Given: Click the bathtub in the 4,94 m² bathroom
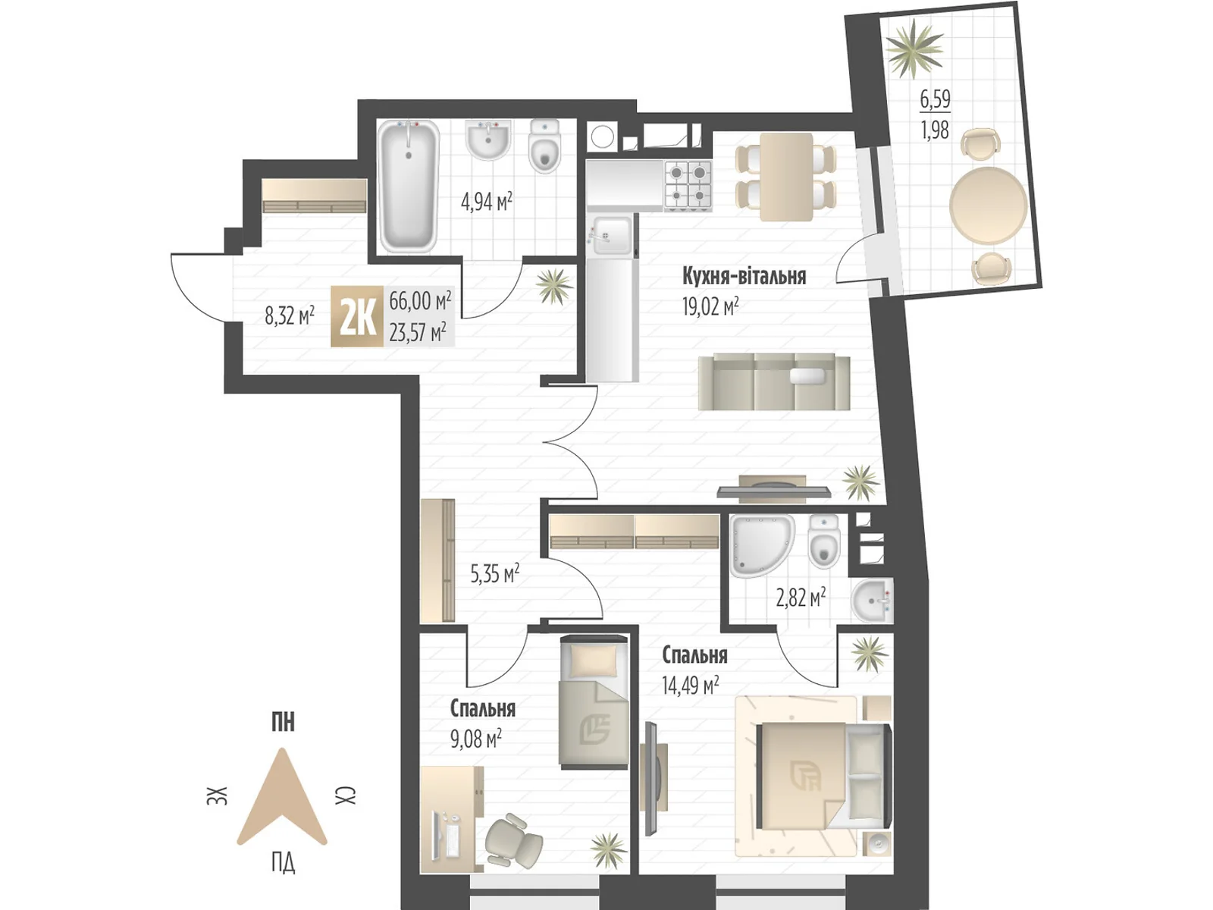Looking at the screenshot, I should [x=409, y=186].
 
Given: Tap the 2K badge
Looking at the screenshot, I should [x=356, y=317].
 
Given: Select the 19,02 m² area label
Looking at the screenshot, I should [x=710, y=306].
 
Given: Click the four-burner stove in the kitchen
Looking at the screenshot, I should [x=688, y=184].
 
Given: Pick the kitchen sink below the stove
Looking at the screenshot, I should [x=611, y=234].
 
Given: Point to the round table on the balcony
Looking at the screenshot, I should [x=988, y=206].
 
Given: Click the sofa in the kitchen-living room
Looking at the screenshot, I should [x=773, y=381].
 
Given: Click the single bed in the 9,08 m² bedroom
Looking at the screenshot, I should [x=594, y=702].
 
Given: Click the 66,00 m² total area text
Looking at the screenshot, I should [x=420, y=300].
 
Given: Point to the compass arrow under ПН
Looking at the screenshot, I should [x=282, y=796].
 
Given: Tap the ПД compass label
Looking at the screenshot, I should [x=283, y=862].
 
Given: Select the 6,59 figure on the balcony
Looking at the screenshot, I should [x=935, y=99].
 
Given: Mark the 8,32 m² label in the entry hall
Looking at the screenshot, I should [x=289, y=315].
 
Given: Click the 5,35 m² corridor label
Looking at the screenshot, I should [x=494, y=573].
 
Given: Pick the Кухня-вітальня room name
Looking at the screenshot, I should [x=744, y=275].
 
